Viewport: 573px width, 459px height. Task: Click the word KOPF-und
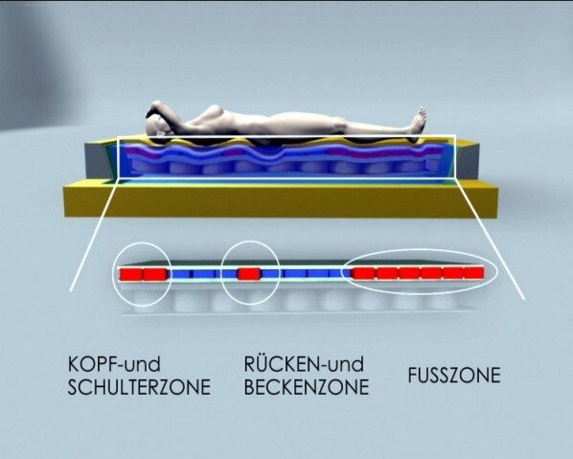point(114,364)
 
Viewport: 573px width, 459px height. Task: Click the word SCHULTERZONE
point(139,387)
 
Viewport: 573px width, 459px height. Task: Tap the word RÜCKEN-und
point(304,363)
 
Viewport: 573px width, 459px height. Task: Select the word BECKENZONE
point(307,387)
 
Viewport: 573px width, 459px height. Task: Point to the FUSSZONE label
point(454,376)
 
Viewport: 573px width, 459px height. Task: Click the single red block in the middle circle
point(249,273)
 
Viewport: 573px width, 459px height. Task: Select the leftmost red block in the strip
point(131,274)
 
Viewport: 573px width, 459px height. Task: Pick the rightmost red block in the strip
point(474,273)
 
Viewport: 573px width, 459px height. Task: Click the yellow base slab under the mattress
point(281,199)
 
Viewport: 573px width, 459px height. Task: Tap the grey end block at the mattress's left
point(98,161)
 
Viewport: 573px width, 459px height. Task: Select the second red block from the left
point(155,274)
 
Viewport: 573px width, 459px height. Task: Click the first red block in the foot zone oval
point(363,273)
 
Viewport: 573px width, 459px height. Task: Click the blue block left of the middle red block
point(229,274)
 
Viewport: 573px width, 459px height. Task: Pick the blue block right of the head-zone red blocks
point(180,274)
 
